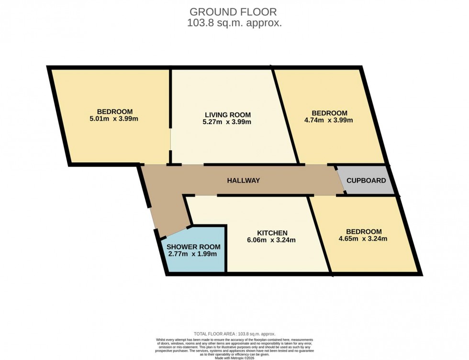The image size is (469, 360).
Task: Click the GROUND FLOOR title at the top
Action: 234,11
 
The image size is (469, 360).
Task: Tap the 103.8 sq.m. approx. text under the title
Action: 234,22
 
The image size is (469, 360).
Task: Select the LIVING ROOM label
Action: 228,115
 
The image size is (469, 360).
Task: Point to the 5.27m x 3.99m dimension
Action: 228,122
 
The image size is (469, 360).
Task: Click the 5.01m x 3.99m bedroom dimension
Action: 115,119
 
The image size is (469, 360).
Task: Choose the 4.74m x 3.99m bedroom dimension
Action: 329,120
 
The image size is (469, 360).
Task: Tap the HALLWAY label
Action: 243,180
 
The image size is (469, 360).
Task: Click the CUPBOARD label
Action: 366,180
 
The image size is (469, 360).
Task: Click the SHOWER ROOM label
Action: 193,247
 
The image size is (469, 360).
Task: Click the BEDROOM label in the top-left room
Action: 115,112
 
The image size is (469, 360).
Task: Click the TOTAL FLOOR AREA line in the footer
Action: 234,334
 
